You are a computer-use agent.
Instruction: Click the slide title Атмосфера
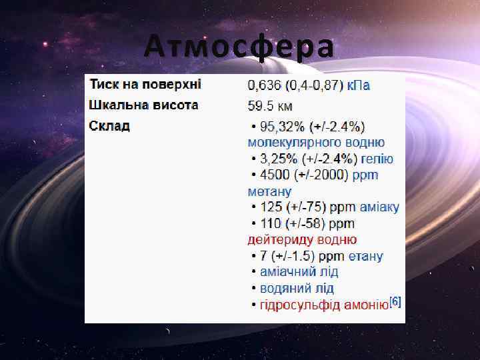click(x=239, y=47)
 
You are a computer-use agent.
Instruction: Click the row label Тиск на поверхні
click(x=145, y=85)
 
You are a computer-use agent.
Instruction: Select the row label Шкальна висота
click(x=144, y=105)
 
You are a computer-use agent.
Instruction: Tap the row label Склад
click(x=110, y=126)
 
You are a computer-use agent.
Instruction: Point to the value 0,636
click(x=265, y=85)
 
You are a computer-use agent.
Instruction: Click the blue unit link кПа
click(x=359, y=85)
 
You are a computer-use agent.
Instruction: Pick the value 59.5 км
click(x=270, y=106)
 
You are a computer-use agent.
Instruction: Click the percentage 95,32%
click(x=282, y=127)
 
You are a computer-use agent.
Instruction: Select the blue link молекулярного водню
click(x=316, y=142)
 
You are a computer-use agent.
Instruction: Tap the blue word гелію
click(x=377, y=159)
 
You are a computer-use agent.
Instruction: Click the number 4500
click(x=274, y=175)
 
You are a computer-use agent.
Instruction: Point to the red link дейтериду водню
click(x=302, y=239)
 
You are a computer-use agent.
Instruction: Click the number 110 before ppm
click(x=271, y=223)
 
